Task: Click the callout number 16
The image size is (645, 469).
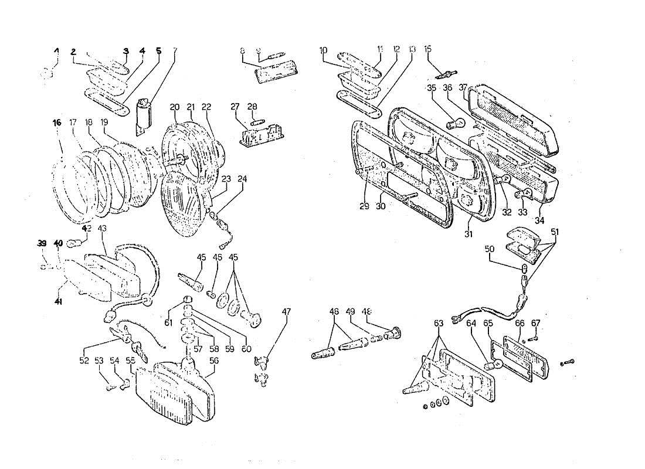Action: pos(56,123)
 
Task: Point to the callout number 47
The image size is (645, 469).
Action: pos(286,312)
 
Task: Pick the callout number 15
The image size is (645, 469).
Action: pos(427,49)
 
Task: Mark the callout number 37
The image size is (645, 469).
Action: pos(463,87)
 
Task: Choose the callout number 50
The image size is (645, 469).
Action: pos(490,250)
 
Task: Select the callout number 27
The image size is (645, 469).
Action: pos(235,107)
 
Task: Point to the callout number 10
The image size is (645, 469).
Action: pos(324,50)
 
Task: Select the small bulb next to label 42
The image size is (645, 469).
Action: pos(73,242)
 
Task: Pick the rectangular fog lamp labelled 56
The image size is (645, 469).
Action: pos(173,393)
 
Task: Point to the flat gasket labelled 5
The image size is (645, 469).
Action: pos(106,103)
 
